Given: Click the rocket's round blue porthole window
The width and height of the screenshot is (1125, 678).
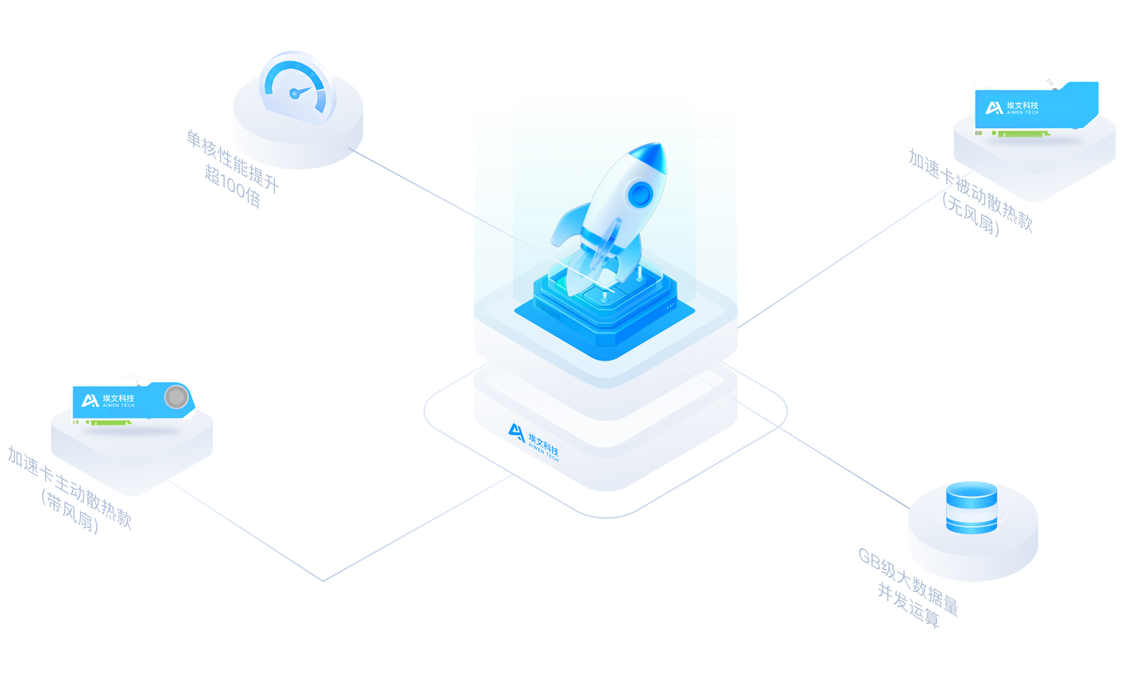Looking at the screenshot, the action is pyautogui.click(x=640, y=195).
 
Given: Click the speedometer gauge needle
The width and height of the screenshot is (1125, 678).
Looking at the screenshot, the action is pyautogui.click(x=300, y=92).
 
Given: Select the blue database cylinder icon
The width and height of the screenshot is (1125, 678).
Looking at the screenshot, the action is pyautogui.click(x=971, y=507).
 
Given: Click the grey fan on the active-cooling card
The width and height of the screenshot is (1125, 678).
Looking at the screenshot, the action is pyautogui.click(x=176, y=397).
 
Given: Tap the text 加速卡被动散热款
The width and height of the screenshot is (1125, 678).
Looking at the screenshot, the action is pyautogui.click(x=970, y=191).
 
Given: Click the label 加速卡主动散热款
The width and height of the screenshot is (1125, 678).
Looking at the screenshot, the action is pyautogui.click(x=70, y=487).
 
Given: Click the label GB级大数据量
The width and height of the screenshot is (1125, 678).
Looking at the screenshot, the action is pyautogui.click(x=909, y=582).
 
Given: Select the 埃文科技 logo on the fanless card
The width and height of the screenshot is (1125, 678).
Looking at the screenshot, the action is pyautogui.click(x=1012, y=108).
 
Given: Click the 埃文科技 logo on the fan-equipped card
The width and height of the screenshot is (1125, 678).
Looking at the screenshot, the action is pyautogui.click(x=108, y=401).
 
